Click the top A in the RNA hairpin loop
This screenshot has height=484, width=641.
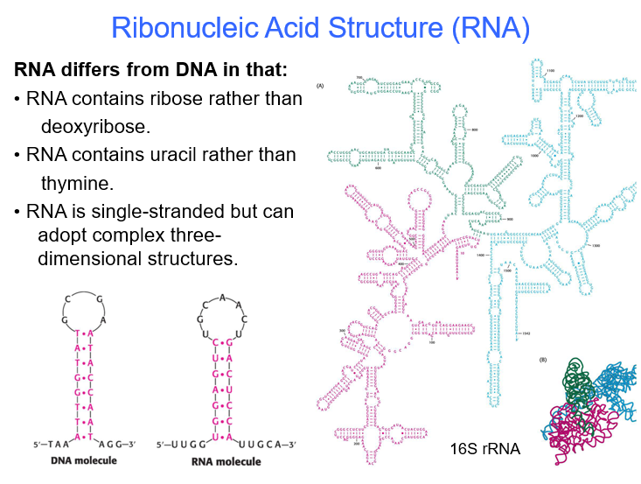coord(224,297)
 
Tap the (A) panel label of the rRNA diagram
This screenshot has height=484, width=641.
coord(321,85)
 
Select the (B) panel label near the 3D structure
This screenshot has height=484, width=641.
coord(544,361)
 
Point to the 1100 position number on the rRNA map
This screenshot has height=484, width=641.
coord(551,71)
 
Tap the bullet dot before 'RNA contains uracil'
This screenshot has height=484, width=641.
coord(17,155)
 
